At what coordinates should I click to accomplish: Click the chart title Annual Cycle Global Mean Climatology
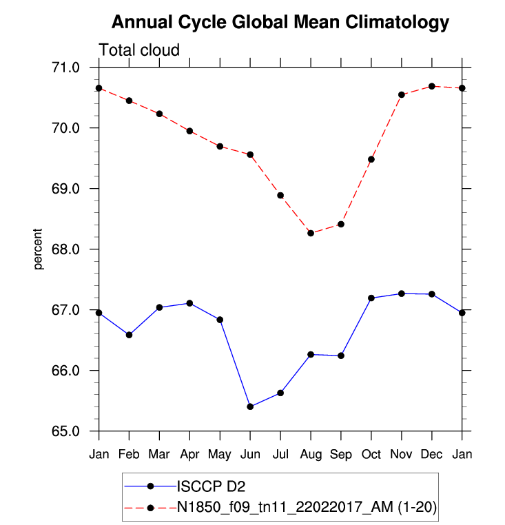pyautogui.click(x=280, y=23)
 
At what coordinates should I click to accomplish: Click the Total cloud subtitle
pyautogui.click(x=139, y=50)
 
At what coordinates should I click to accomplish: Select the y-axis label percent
pyautogui.click(x=39, y=249)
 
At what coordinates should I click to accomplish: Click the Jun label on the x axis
pyautogui.click(x=250, y=454)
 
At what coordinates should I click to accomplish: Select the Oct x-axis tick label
pyautogui.click(x=371, y=454)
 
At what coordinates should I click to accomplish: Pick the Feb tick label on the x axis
pyautogui.click(x=129, y=454)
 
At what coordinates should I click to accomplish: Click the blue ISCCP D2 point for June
pyautogui.click(x=250, y=406)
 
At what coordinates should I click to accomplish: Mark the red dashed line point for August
pyautogui.click(x=311, y=233)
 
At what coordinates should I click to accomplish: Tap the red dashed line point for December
pyautogui.click(x=432, y=86)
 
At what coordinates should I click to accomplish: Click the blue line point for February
pyautogui.click(x=129, y=335)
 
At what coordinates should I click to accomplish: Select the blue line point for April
pyautogui.click(x=189, y=303)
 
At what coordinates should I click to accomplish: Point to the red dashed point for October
pyautogui.click(x=371, y=159)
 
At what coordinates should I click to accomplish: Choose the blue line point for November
pyautogui.click(x=402, y=294)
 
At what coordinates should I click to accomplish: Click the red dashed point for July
pyautogui.click(x=280, y=195)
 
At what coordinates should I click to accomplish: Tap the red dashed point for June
pyautogui.click(x=250, y=154)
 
